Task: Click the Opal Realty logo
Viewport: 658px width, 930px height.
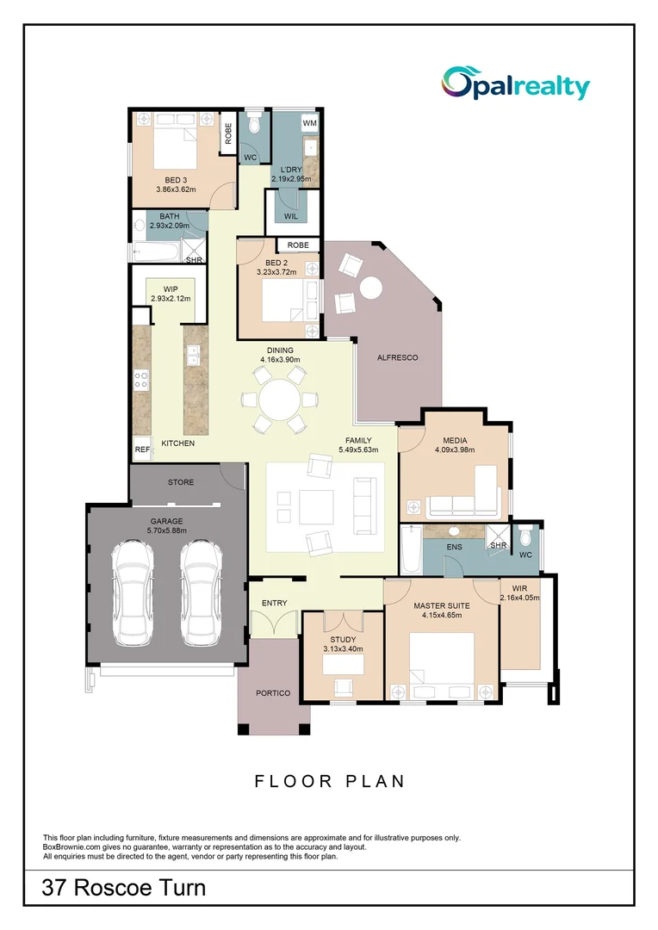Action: (516, 84)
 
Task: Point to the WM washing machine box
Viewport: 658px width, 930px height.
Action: (309, 124)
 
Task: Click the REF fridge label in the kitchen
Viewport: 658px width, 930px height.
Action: (141, 449)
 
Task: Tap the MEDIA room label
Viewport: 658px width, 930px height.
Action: (455, 438)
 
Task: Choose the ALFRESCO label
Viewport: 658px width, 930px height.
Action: (397, 357)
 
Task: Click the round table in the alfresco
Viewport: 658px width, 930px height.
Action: (371, 288)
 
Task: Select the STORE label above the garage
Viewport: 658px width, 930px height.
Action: (181, 482)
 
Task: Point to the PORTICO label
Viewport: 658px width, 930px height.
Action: (273, 693)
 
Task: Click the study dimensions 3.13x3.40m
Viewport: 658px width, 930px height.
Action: (343, 649)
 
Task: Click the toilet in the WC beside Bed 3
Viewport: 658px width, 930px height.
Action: (254, 127)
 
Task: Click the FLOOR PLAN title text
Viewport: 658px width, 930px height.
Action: (329, 781)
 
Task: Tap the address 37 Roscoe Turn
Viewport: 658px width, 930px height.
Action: (124, 888)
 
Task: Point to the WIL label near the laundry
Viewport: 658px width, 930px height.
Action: (290, 216)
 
